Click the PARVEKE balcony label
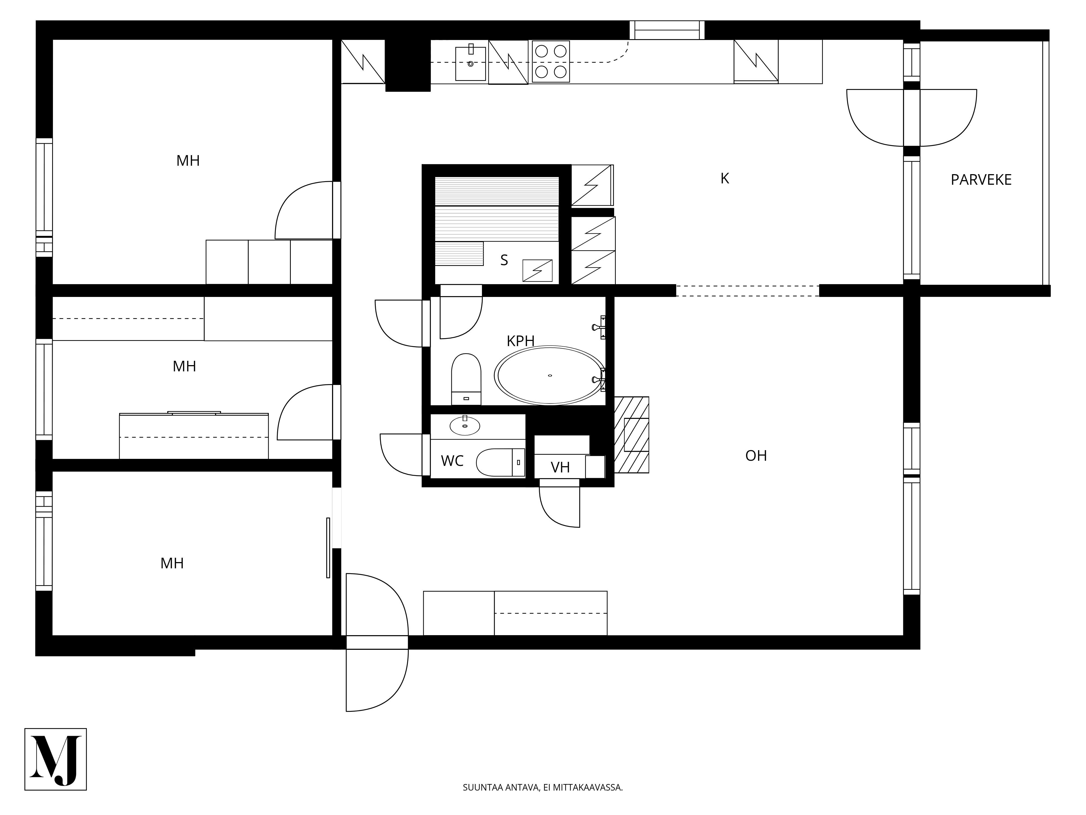click(981, 180)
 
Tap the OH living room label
click(756, 456)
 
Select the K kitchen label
click(725, 179)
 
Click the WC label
click(452, 461)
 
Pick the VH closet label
click(560, 467)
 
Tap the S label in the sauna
click(504, 260)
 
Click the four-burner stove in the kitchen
click(551, 61)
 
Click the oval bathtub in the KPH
click(550, 376)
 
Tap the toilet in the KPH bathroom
click(466, 379)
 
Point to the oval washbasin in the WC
click(465, 426)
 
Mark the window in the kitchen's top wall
click(667, 30)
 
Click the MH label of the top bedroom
click(188, 161)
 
